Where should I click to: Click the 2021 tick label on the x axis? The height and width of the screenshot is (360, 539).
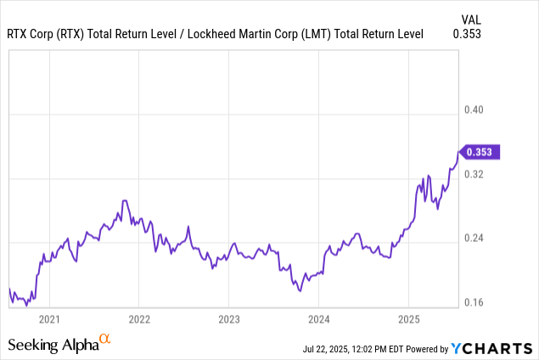point(49,319)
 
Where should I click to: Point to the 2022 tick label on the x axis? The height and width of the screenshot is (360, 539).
point(139,319)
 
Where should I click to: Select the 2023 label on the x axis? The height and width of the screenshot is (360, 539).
point(228,319)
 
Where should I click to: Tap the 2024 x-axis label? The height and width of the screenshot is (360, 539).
point(318,319)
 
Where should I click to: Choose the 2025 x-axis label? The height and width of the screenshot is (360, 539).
point(408,319)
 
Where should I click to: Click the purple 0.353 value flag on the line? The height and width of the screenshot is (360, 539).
point(482,152)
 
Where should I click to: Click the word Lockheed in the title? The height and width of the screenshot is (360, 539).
point(220,35)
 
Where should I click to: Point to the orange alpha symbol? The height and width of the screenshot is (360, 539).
point(105,340)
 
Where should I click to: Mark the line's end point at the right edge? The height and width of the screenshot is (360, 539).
point(458,153)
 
